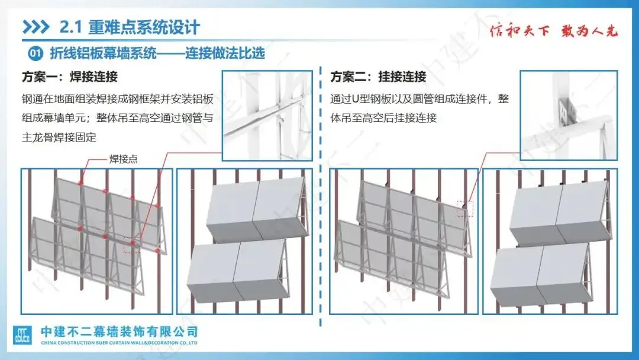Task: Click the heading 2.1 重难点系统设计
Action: tap(130, 27)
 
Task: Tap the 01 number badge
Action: tap(35, 54)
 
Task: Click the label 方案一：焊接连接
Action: tap(69, 77)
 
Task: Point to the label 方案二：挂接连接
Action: tap(378, 77)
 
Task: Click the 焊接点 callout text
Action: tap(124, 159)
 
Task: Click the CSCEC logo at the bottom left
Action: tap(23, 335)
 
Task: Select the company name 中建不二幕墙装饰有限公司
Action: tap(118, 332)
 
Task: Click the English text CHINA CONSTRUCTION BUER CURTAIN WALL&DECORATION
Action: tap(118, 343)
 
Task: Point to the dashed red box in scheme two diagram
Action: tap(465, 208)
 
